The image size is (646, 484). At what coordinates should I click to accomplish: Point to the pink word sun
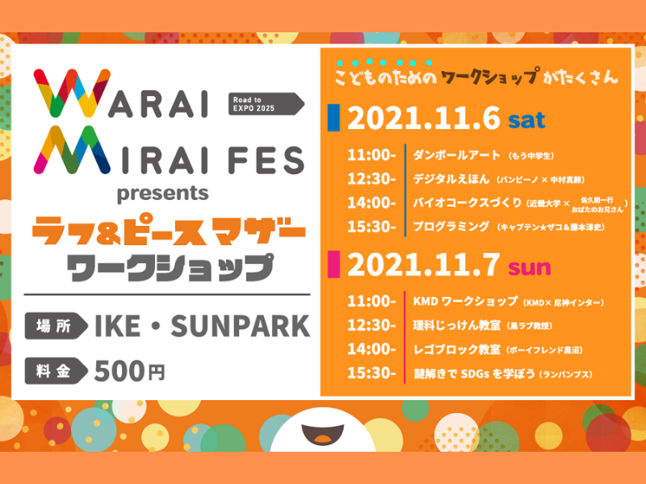point(529,264)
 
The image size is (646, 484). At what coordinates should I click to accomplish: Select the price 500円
point(129,371)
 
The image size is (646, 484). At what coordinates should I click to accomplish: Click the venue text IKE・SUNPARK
point(202,326)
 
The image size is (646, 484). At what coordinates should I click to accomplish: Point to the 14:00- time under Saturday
point(371,202)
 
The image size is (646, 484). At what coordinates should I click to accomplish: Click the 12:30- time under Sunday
point(371,326)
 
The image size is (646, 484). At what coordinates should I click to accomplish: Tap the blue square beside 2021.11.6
point(333,119)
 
